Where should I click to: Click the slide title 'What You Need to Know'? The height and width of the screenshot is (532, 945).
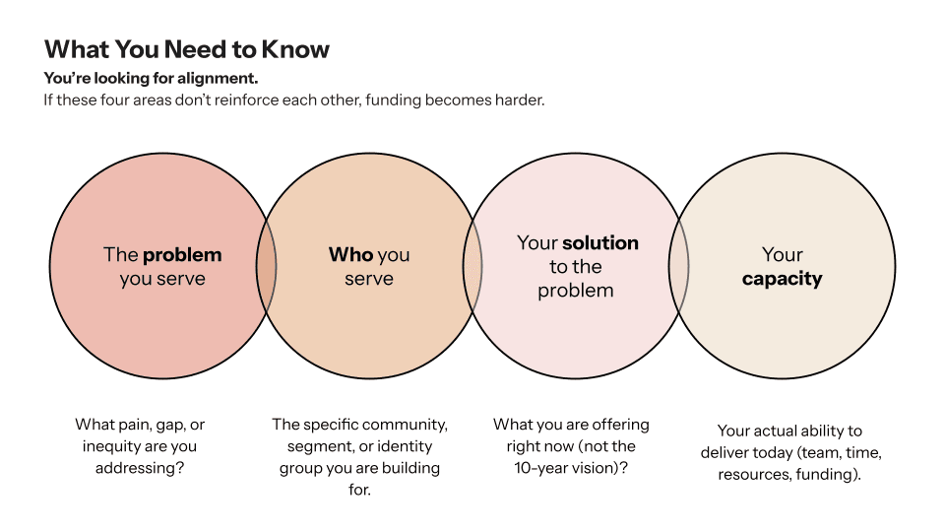(187, 49)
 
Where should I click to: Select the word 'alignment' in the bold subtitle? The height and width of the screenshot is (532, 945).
(222, 77)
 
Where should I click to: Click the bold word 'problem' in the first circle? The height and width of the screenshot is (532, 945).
(182, 255)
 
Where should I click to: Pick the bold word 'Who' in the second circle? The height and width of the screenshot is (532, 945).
(350, 255)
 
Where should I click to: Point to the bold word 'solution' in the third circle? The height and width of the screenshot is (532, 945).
(600, 243)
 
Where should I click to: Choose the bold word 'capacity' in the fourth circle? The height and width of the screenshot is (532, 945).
(782, 279)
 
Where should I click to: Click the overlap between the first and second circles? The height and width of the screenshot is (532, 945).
(267, 267)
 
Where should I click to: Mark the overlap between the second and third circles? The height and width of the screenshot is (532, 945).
(473, 267)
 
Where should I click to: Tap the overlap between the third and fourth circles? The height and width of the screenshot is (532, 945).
(679, 267)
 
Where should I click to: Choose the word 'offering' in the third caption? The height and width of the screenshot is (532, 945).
(620, 425)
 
